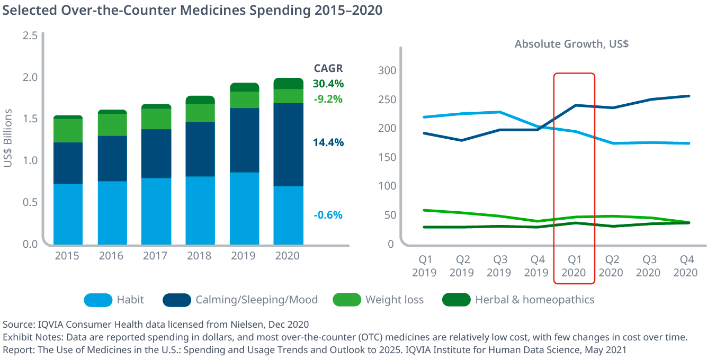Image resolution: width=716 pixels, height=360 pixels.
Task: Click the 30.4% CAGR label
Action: click(328, 84)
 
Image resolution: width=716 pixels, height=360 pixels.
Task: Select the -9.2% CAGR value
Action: click(328, 99)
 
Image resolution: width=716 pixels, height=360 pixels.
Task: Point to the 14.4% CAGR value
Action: click(328, 142)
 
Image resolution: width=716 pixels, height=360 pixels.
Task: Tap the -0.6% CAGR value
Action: click(328, 215)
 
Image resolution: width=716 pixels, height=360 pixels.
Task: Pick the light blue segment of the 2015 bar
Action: click(68, 213)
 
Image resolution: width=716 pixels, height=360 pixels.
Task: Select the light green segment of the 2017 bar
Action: click(156, 119)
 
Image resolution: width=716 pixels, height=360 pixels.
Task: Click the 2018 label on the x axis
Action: click(199, 256)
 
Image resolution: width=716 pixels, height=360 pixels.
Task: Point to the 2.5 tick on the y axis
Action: click(30, 35)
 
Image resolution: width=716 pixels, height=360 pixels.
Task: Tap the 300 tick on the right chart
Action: click(387, 70)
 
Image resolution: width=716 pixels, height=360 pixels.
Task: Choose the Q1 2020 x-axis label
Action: click(574, 266)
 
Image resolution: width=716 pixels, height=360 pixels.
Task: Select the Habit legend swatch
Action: click(98, 300)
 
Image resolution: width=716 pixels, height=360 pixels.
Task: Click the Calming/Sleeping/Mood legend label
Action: click(257, 300)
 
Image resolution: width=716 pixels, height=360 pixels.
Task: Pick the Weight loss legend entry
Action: click(395, 300)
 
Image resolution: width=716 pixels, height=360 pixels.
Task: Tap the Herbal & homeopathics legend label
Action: click(535, 300)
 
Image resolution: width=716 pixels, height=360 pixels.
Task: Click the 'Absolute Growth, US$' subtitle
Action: click(571, 44)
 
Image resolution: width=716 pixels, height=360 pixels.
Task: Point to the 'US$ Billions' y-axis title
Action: click(8, 139)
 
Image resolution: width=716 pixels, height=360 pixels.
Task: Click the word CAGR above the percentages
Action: click(328, 68)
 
